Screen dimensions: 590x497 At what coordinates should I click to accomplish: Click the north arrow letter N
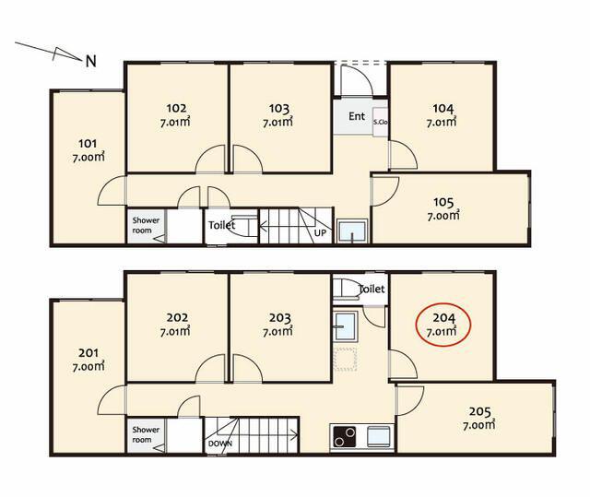tap(90, 61)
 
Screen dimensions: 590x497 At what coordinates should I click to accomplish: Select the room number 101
tap(88, 143)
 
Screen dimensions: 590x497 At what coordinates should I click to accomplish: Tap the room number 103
tap(279, 109)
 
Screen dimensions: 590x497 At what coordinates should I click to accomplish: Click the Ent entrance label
tap(357, 116)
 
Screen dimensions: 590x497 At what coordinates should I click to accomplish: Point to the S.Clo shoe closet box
tap(380, 122)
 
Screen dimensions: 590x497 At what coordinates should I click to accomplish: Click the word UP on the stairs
tap(320, 233)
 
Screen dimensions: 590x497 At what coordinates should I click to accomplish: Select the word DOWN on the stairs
tap(220, 444)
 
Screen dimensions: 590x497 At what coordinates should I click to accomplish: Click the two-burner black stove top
tap(344, 436)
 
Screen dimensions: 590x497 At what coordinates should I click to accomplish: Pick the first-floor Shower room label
tap(146, 225)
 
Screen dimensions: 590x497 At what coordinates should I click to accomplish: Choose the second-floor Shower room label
tap(146, 434)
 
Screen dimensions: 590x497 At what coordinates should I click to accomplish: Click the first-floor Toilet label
tap(221, 225)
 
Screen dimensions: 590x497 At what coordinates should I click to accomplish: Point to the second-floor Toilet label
tap(372, 289)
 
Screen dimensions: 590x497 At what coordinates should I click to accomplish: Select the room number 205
tap(479, 411)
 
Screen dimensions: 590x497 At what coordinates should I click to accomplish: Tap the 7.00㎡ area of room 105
tap(443, 216)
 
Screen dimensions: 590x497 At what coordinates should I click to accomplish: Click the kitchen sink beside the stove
tap(378, 436)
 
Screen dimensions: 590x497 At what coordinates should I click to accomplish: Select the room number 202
tap(177, 317)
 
